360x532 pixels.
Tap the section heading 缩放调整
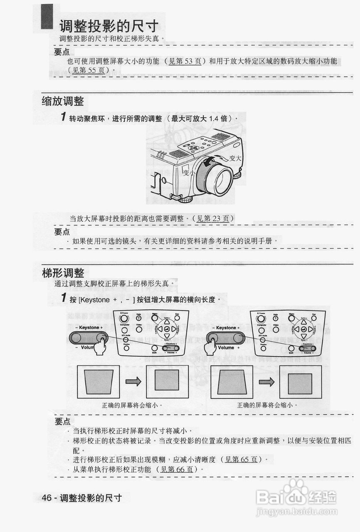pyautogui.click(x=63, y=101)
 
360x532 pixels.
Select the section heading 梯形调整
pyautogui.click(x=63, y=273)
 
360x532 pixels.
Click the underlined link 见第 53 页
pyautogui.click(x=187, y=61)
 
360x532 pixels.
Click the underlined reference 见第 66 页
pyautogui.click(x=178, y=469)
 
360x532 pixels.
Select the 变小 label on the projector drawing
pyautogui.click(x=189, y=172)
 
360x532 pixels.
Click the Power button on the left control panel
pyautogui.click(x=124, y=319)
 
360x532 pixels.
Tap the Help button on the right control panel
pyautogui.click(x=276, y=318)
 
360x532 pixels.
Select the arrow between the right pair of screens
pyautogui.click(x=266, y=382)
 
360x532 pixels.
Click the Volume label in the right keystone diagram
pyautogui.click(x=226, y=347)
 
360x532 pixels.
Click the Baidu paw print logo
pyautogui.click(x=295, y=488)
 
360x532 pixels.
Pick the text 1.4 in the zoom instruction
pyautogui.click(x=213, y=118)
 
